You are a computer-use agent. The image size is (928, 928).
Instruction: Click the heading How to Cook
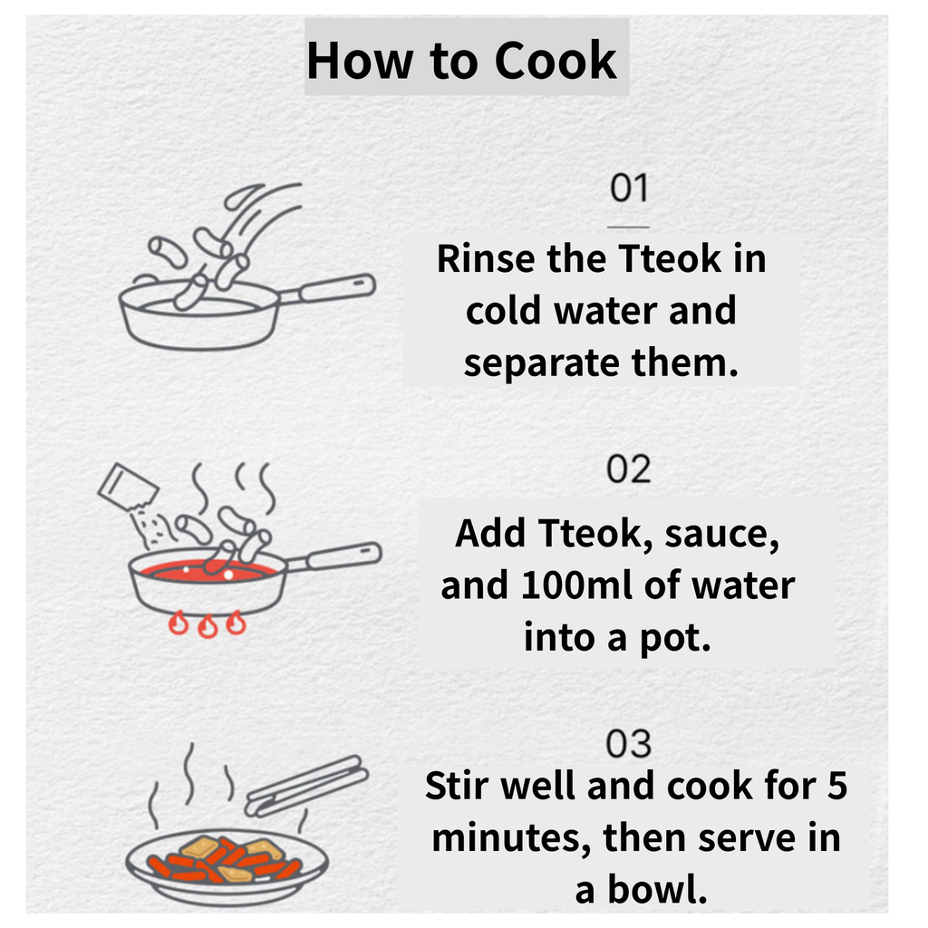(x=461, y=61)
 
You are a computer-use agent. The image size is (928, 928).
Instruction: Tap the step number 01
(x=629, y=188)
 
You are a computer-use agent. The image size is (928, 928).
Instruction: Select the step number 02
(x=629, y=469)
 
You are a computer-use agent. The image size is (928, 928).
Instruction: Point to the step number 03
(x=629, y=743)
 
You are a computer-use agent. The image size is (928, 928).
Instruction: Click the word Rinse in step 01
(x=487, y=258)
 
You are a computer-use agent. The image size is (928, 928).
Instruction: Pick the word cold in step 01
(x=503, y=310)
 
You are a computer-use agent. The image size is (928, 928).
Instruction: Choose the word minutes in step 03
(x=511, y=838)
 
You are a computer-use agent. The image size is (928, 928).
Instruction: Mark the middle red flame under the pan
(x=208, y=627)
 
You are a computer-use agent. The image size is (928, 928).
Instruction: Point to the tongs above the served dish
(x=306, y=786)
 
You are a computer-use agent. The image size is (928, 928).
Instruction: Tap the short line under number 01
(x=629, y=227)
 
